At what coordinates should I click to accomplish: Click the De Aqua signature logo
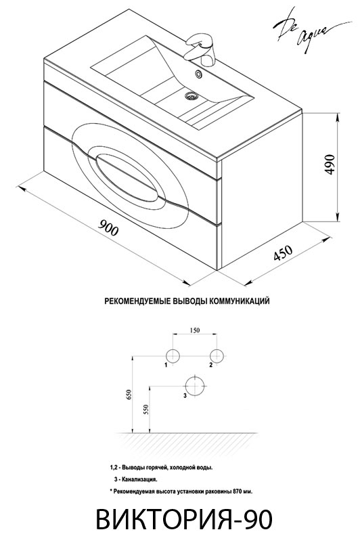point(301,33)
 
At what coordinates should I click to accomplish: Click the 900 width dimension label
point(108,227)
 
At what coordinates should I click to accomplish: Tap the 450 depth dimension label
point(283,252)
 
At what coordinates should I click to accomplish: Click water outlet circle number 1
point(173,355)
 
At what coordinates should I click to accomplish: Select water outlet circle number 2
point(217,355)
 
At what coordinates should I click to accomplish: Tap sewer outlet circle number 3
point(195,386)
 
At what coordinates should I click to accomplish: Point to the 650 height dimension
point(129,395)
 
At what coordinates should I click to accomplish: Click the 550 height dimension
point(147,409)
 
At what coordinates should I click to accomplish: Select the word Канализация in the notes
point(139,480)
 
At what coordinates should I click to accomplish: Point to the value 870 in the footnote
point(238,491)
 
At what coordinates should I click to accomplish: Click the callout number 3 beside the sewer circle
point(185,396)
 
